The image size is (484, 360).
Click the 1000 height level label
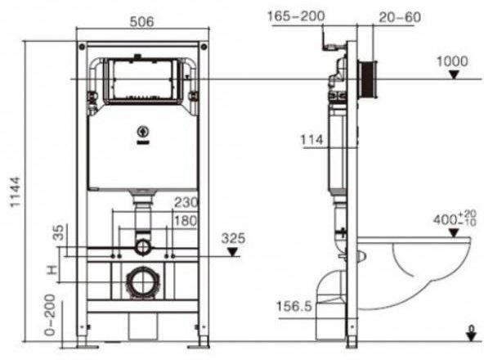[451, 61]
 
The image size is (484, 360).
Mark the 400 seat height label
[455, 219]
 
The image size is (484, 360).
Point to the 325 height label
[234, 238]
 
